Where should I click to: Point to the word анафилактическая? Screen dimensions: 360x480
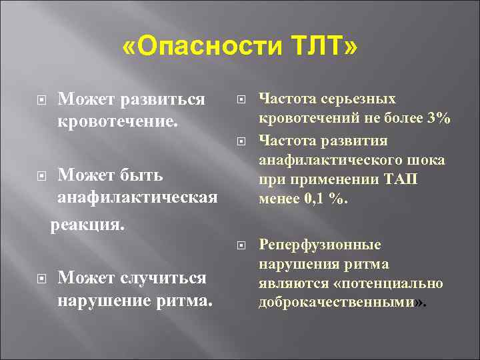[137, 198]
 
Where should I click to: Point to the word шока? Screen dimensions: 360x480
[427, 160]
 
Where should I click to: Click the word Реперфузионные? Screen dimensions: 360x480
[319, 245]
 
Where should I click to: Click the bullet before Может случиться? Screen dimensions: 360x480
[41, 277]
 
